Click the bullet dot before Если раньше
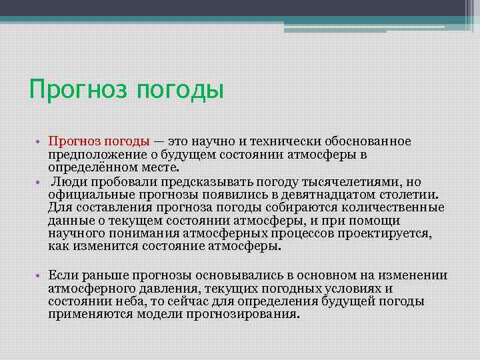40,276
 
